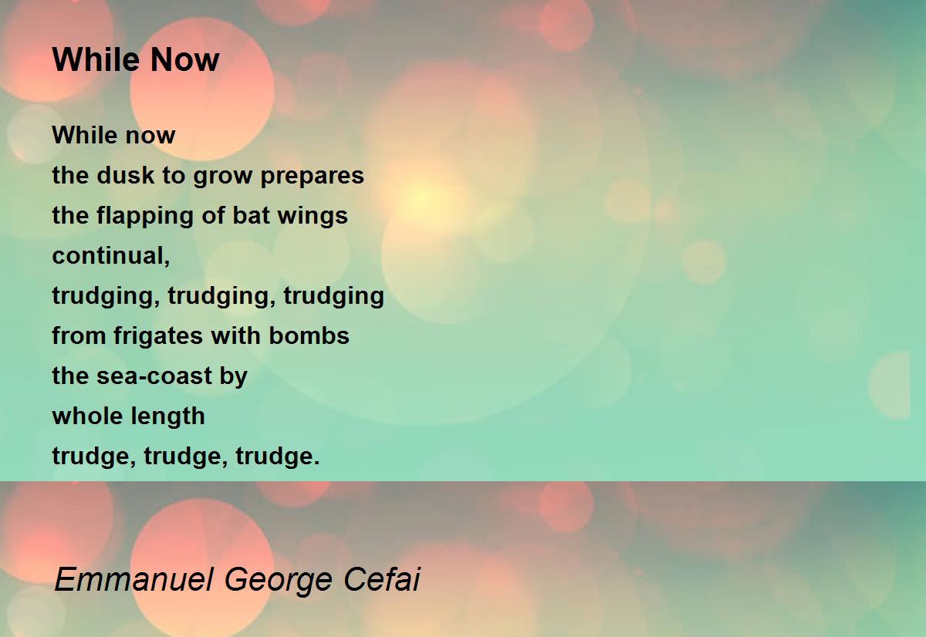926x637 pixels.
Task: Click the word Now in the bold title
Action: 184,59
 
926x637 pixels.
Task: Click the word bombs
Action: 309,335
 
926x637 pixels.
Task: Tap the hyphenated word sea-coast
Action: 154,376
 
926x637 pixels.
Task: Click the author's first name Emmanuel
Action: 134,579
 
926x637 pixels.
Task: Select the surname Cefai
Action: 381,578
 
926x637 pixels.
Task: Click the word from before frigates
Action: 79,335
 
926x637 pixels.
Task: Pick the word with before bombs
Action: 236,335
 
